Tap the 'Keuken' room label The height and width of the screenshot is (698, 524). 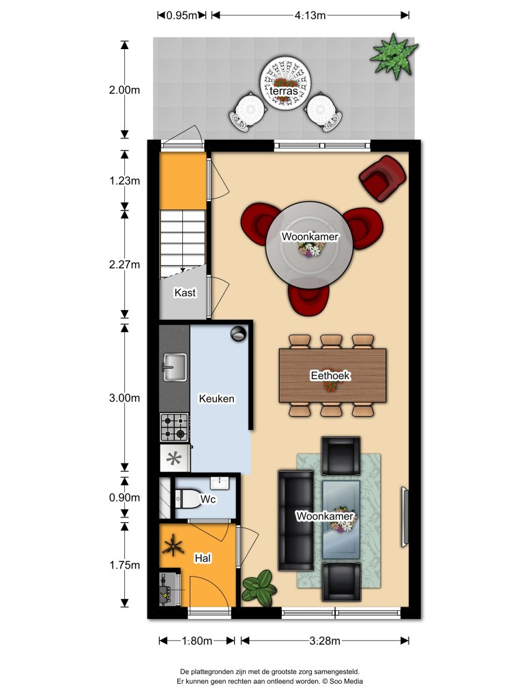(216, 399)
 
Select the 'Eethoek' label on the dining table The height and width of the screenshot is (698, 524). (330, 375)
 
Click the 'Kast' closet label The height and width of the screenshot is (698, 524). (185, 292)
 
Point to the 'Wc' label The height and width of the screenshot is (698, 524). (208, 501)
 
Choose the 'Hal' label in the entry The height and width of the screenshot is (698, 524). (203, 558)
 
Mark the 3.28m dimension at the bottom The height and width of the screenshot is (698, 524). (325, 641)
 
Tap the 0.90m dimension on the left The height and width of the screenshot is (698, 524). (123, 498)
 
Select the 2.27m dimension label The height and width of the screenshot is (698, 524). (123, 264)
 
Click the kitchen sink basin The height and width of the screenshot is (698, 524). (174, 366)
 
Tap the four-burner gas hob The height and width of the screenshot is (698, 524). (174, 427)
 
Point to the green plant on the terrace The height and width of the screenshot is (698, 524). (393, 55)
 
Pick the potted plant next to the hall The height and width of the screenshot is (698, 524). (259, 586)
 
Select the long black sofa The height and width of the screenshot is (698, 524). (296, 520)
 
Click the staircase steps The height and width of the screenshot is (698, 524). (182, 242)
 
